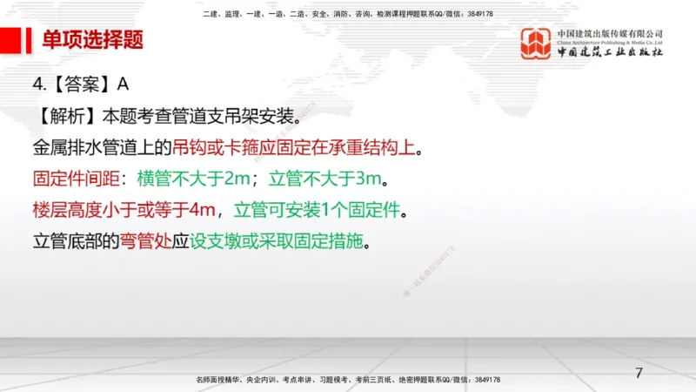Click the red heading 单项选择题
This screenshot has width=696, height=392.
click(x=93, y=40)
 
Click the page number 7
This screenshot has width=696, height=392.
click(x=639, y=374)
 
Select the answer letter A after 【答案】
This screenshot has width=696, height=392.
click(x=123, y=84)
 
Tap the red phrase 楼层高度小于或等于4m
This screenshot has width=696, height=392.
click(x=123, y=209)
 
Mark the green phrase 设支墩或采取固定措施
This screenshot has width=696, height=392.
click(x=279, y=240)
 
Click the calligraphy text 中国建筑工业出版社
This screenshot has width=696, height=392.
click(x=610, y=51)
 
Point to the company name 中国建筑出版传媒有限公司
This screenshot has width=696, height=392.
click(x=610, y=34)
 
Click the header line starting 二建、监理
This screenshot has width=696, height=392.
click(x=348, y=15)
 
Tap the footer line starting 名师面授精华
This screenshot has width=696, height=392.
click(x=348, y=381)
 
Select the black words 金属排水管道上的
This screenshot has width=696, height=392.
click(x=97, y=145)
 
